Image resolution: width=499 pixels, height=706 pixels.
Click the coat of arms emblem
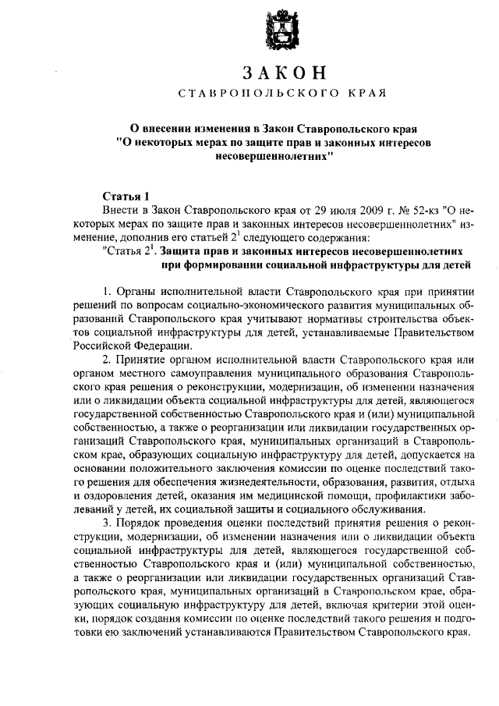[x=282, y=32]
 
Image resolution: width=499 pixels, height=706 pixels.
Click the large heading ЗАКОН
[x=282, y=73]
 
